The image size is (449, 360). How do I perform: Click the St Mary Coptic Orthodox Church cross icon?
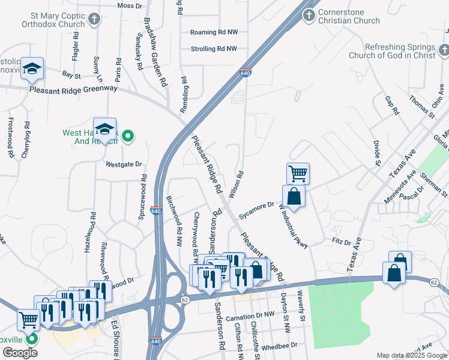click(x=94, y=19)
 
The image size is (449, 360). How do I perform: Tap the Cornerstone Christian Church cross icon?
click(x=309, y=15)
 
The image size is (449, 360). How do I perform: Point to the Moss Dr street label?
click(x=130, y=5)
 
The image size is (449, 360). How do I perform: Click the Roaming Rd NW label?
click(x=213, y=32)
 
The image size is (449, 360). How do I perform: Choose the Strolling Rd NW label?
click(x=214, y=49)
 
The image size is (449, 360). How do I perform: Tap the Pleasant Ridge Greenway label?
click(x=74, y=88)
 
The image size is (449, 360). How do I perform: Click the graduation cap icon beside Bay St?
click(x=31, y=68)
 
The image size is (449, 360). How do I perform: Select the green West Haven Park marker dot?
click(x=127, y=137)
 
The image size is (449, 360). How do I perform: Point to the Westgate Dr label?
click(x=124, y=164)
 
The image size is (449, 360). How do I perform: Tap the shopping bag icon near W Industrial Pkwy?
click(x=294, y=196)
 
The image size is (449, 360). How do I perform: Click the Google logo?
click(x=20, y=353)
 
